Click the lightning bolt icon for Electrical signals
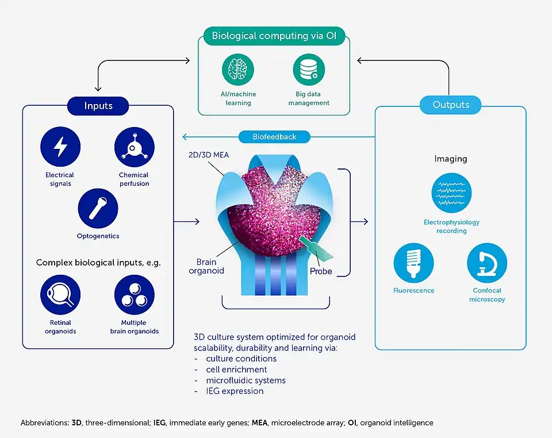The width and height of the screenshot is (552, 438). pos(60,147)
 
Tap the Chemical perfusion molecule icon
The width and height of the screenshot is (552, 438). pos(134,147)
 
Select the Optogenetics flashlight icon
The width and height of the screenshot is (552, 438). pos(98,208)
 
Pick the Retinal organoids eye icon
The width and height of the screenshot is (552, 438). pos(60,295)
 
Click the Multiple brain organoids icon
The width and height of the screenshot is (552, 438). pos(134,295)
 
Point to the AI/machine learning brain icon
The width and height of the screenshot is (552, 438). pos(238,70)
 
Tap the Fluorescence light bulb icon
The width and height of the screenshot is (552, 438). pos(413,263)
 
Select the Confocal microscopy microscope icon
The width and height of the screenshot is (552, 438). pos(486,263)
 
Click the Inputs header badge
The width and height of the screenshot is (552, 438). pos(98,106)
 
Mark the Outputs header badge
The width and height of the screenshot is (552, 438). pos(451,105)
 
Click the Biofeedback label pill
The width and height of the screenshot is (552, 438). pos(274,137)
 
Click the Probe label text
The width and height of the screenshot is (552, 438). pos(321,271)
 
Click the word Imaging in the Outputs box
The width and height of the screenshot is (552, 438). pos(450,159)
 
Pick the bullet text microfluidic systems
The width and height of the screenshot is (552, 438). pos(246,380)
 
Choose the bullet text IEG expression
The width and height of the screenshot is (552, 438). pos(235,391)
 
